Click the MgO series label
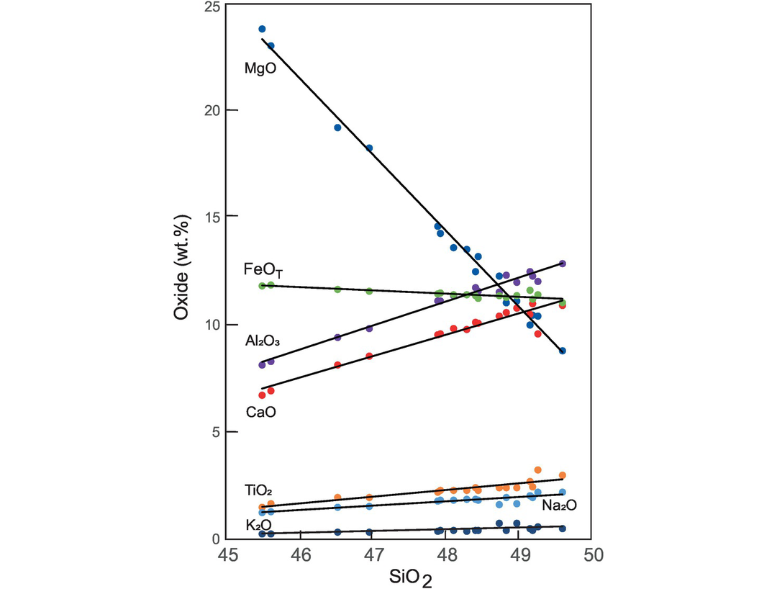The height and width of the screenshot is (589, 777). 260,70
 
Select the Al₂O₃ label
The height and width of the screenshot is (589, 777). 263,341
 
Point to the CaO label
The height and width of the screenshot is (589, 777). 260,413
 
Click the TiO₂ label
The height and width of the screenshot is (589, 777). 258,491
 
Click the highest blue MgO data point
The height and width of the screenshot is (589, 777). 262,29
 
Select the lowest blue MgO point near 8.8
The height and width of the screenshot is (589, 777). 563,351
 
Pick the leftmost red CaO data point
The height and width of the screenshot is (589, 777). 262,395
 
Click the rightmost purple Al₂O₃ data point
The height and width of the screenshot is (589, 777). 563,264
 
